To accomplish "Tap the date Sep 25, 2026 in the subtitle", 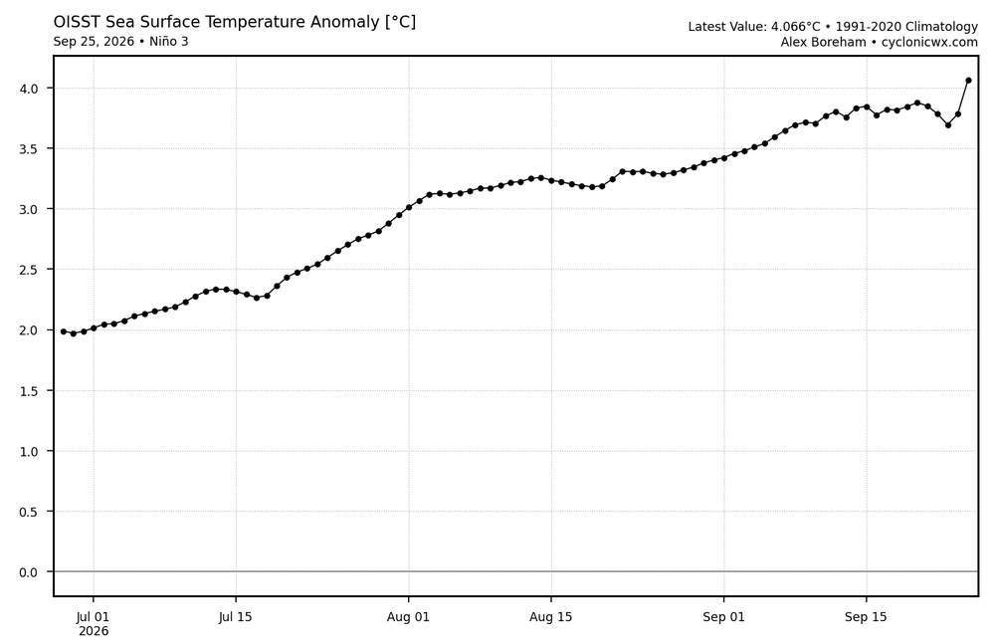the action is [94, 42].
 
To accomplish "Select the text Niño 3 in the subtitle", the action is [169, 42].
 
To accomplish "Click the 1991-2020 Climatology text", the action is [906, 27].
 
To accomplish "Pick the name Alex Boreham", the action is [823, 43].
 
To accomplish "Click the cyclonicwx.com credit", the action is [929, 43].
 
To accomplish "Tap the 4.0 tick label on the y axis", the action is [29, 89].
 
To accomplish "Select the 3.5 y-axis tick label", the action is [29, 148].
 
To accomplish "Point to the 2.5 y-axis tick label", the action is [29, 270].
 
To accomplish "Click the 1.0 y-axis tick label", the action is [29, 451].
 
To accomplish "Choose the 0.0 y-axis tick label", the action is [29, 572].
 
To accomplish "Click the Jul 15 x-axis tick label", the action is [236, 617].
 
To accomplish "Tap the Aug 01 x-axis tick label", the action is [408, 617].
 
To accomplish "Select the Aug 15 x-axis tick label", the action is [551, 617].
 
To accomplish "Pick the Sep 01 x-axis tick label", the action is [723, 617].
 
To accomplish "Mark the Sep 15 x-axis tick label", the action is [867, 617].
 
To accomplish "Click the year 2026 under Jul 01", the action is [94, 632].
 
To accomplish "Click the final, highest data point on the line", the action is [968, 81].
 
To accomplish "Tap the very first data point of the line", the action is [64, 331].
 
